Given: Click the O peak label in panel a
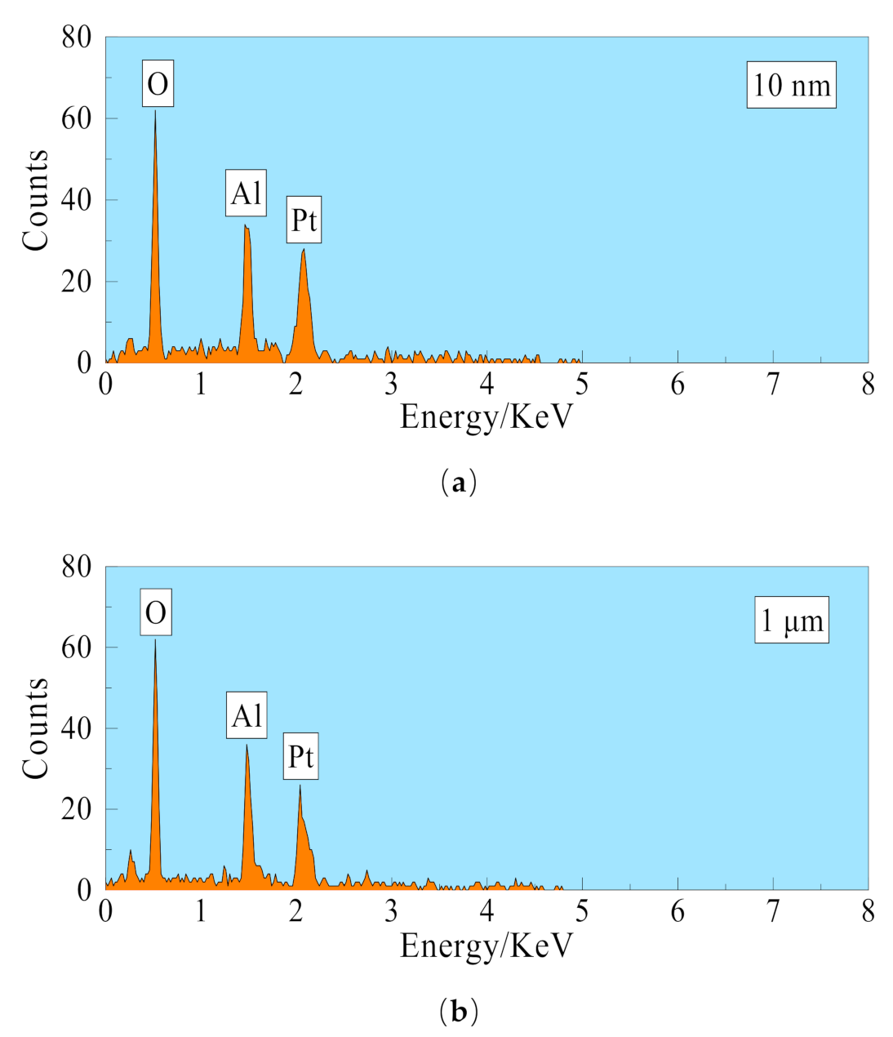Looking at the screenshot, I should coord(158,83).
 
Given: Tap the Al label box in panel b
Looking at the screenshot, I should coord(247,716).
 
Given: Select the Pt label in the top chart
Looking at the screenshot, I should coord(304,220).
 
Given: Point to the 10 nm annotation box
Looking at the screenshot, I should coord(791,85).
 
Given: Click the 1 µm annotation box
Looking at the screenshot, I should coord(791,621).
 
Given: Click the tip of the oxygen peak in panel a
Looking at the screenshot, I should coord(155,111).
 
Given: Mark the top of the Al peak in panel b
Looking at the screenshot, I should coord(247,745).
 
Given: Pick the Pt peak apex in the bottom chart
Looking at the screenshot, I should coord(300,786).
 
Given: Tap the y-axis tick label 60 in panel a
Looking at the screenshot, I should coord(77,118).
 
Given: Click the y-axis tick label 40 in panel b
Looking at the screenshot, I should coord(77,728).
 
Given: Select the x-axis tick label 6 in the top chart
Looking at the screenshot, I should coord(678,385).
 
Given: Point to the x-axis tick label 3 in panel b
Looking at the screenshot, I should coord(391,912).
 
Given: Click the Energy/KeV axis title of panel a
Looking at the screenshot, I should coord(486,417).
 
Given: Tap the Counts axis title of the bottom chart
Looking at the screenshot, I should coord(36,728).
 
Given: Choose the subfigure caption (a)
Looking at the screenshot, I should coord(458,483).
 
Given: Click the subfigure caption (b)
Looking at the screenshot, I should coord(458,1012).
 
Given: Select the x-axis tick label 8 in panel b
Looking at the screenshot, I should coord(868,912).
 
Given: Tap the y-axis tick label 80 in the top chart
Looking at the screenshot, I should coord(77,37).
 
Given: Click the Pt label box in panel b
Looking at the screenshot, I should coord(300,757).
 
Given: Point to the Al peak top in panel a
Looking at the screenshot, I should coord(246,225).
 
